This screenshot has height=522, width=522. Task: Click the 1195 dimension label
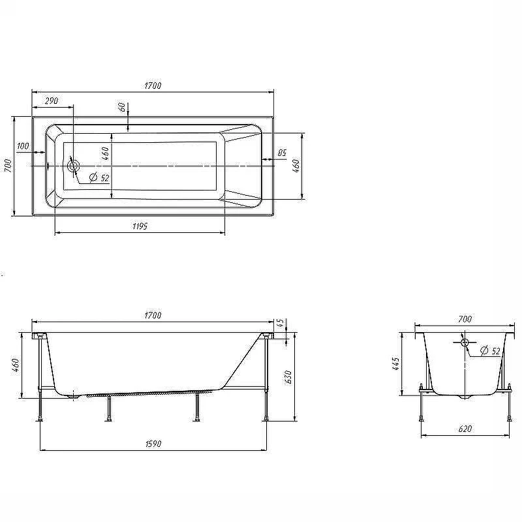140,226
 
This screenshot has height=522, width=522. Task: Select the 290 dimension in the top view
52,100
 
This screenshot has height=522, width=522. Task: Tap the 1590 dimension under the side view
153,444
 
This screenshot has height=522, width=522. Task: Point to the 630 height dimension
288,377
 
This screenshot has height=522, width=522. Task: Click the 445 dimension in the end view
395,364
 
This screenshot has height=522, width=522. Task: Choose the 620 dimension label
465,429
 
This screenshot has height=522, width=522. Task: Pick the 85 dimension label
282,153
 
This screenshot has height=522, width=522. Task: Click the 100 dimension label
23,146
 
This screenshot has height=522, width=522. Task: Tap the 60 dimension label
122,107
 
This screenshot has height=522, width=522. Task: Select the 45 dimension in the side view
281,322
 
